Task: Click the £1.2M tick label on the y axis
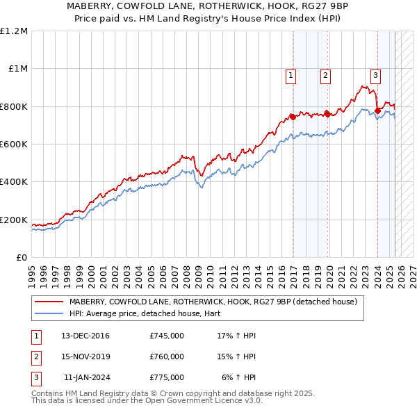tap(14, 31)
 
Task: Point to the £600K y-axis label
tap(14, 145)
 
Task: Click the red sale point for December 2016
tap(293, 117)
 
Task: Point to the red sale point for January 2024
tap(377, 110)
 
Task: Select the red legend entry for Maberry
tap(213, 302)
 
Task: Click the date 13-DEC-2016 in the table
tap(85, 336)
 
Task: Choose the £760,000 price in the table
tap(167, 356)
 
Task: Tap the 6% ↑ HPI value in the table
tap(239, 377)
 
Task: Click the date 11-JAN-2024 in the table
tap(86, 377)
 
